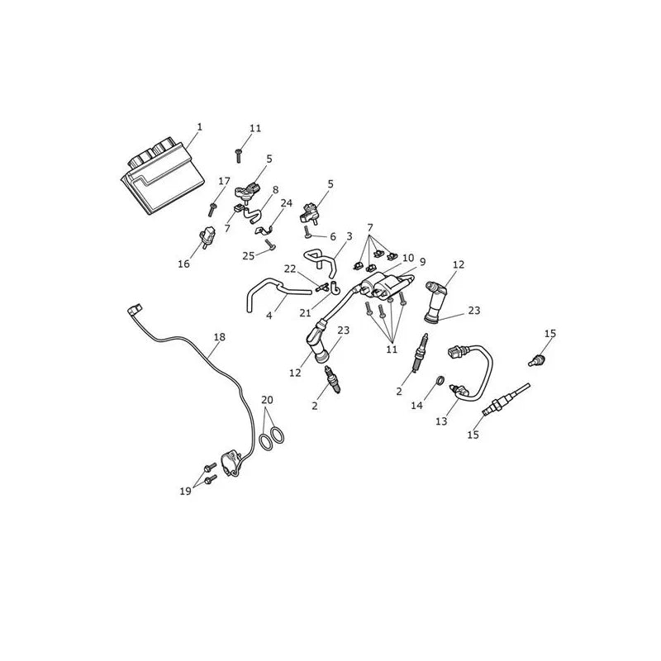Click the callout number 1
(x=200, y=126)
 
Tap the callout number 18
(x=220, y=337)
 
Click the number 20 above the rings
(x=267, y=400)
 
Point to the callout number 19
(x=185, y=491)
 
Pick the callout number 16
(x=183, y=264)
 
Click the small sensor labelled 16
(x=207, y=237)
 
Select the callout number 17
(x=224, y=181)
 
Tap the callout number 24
(x=286, y=203)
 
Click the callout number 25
(x=249, y=255)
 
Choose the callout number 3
(x=349, y=236)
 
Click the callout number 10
(x=408, y=258)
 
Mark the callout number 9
(x=422, y=262)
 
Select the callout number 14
(x=417, y=406)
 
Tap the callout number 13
(x=441, y=421)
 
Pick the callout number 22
(x=290, y=269)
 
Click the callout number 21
(x=305, y=313)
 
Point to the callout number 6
(x=333, y=237)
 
